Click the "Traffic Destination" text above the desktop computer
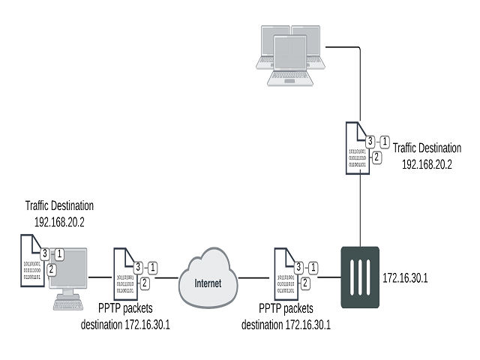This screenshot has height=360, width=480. [59, 204]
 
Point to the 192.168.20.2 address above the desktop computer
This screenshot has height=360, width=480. [60, 221]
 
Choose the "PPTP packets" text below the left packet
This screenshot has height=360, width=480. [127, 308]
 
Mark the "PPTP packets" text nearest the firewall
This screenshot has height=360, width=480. [286, 308]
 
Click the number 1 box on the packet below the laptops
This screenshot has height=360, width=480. [385, 141]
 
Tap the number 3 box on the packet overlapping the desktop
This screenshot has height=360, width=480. [46, 253]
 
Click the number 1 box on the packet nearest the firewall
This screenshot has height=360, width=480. [313, 267]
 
